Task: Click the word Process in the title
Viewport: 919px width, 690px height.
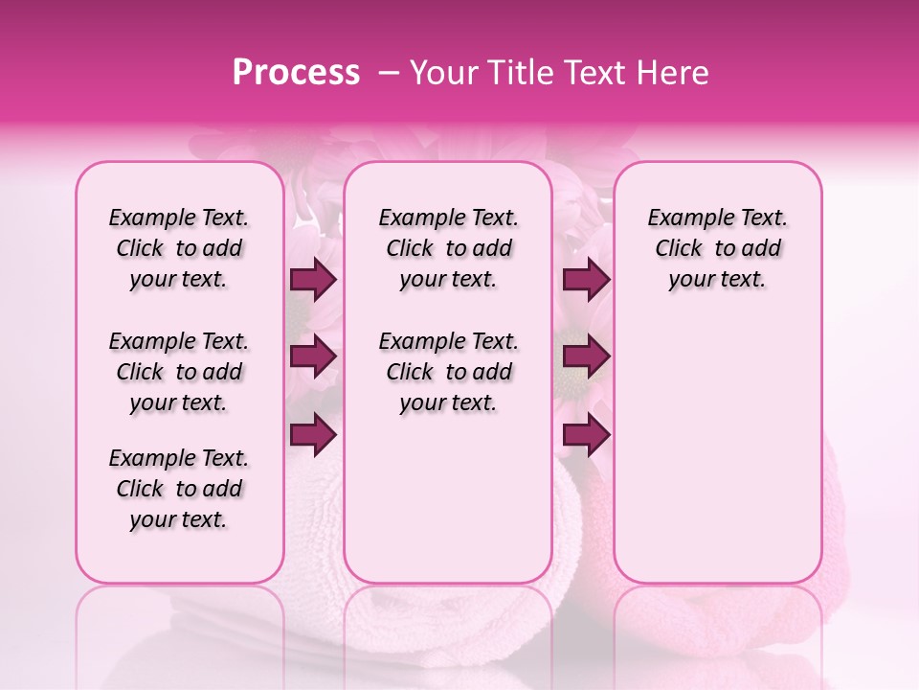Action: [x=295, y=73]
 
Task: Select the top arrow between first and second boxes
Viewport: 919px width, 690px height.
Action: [x=313, y=280]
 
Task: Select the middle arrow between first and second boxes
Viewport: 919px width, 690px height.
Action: [x=313, y=357]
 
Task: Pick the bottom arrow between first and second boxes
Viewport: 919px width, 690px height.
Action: [x=313, y=435]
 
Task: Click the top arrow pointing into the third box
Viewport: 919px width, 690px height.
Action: [x=586, y=280]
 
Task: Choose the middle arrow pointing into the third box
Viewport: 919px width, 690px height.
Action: [x=586, y=357]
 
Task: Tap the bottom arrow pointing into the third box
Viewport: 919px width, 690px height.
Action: [x=586, y=435]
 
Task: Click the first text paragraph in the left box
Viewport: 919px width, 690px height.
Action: [x=179, y=248]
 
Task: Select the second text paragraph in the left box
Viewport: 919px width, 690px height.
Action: [x=179, y=372]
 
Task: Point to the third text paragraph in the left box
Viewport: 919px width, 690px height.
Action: [x=179, y=489]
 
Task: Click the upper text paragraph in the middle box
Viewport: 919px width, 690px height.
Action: [x=448, y=248]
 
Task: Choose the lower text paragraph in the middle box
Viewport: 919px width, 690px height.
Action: [x=448, y=372]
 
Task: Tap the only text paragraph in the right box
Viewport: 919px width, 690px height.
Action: [x=717, y=248]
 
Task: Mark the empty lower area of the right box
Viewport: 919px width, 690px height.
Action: [x=717, y=450]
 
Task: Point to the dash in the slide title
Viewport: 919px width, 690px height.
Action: [x=389, y=73]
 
